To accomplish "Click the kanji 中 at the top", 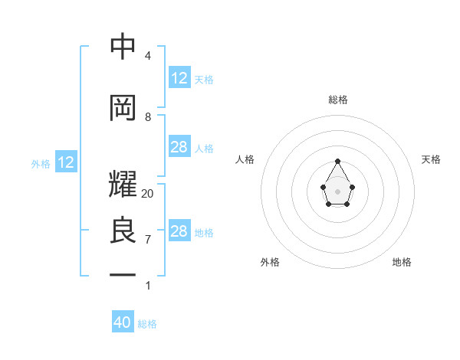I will [x=123, y=47].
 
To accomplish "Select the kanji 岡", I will [x=123, y=109].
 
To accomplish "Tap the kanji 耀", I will [x=123, y=185].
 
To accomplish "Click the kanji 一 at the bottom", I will [x=123, y=273].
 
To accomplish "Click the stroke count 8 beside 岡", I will [x=148, y=117].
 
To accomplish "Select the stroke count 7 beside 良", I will [x=148, y=240].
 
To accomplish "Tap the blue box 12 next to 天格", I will [x=179, y=78].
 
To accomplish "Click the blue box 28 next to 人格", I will [x=179, y=147].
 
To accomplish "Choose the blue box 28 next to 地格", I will [x=179, y=231].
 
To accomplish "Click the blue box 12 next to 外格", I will [x=66, y=162].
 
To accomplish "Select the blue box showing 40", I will [x=123, y=322].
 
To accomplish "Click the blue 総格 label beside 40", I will [x=147, y=324].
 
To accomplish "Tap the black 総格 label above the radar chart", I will [x=338, y=100].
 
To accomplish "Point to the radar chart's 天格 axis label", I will [x=431, y=159].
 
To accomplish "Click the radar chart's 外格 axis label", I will [x=270, y=262].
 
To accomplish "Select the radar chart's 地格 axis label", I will [x=402, y=262].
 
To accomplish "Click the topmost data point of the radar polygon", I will [x=338, y=161].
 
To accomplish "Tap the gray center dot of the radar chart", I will [x=338, y=191].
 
